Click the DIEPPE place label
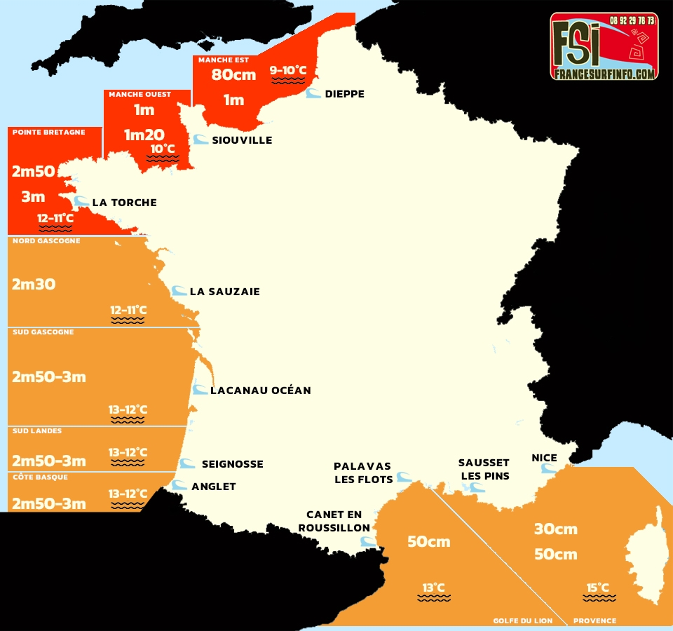click(345, 94)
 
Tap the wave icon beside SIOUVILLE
click(200, 140)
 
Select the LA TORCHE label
click(124, 203)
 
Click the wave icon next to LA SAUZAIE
click(179, 291)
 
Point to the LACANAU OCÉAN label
click(260, 390)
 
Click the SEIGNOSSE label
click(232, 464)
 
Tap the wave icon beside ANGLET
click(180, 485)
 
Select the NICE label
click(545, 458)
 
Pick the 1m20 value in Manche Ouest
click(144, 135)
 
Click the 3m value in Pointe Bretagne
click(33, 197)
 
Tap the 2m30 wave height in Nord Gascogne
click(34, 285)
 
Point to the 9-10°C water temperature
click(288, 70)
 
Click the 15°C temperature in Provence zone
click(598, 588)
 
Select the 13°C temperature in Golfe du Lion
click(433, 588)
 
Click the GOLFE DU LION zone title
click(522, 620)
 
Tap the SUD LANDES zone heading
click(37, 431)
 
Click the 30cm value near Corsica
click(555, 529)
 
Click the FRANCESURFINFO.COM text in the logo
click(604, 73)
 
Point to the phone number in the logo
click(632, 20)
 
